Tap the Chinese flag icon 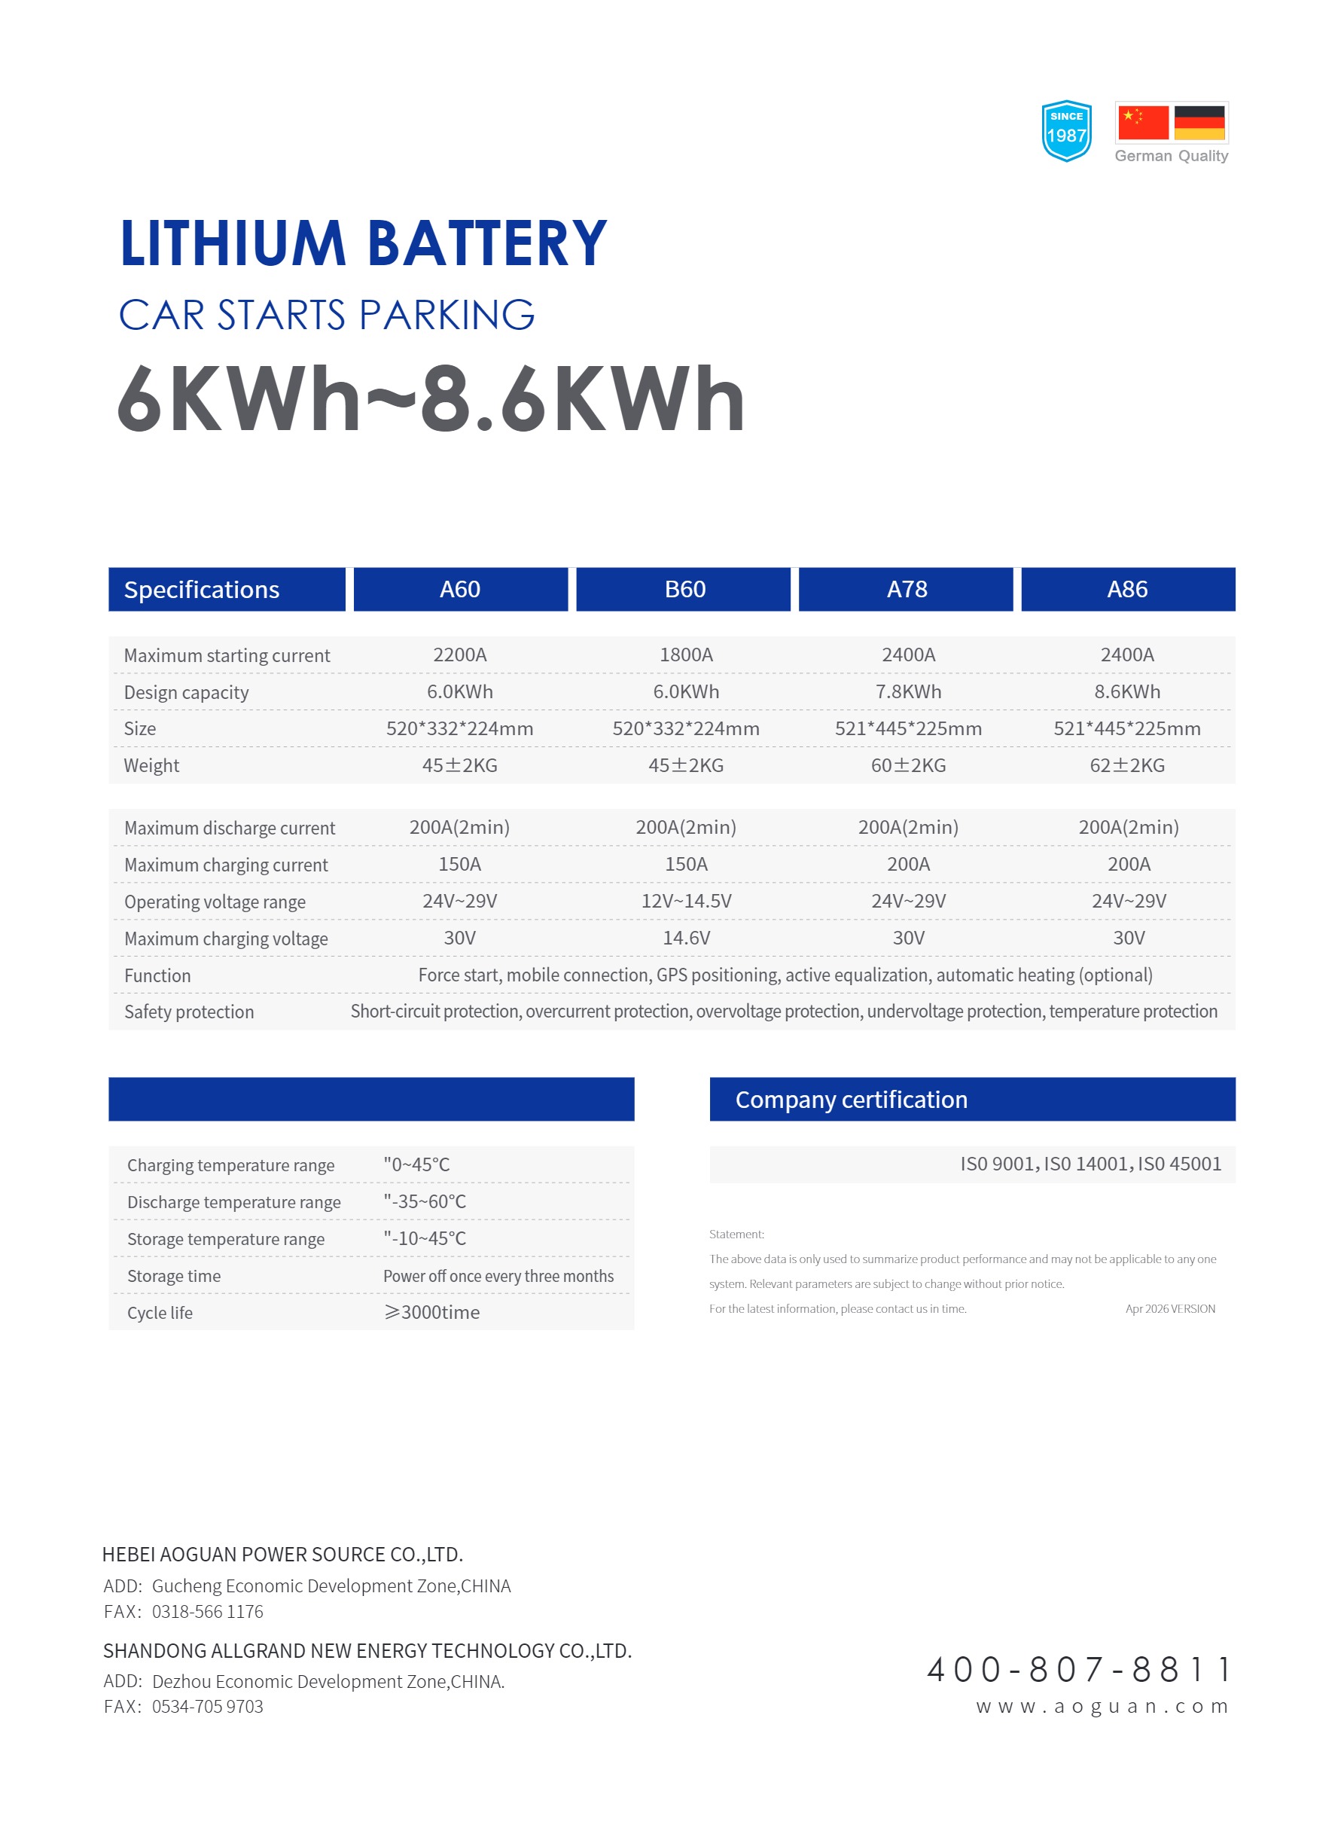(1142, 122)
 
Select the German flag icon (1199, 122)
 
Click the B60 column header (684, 589)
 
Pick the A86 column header (1127, 589)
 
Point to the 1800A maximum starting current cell (686, 655)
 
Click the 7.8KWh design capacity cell (908, 691)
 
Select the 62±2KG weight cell (1127, 764)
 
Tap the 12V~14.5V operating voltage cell (686, 901)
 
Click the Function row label (157, 975)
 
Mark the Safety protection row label (189, 1012)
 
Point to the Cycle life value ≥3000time (432, 1311)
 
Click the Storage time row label (173, 1275)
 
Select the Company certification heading (851, 1099)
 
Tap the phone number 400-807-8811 (1079, 1669)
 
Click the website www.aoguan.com (1102, 1705)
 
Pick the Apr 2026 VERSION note (1170, 1308)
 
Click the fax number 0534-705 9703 (208, 1706)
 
